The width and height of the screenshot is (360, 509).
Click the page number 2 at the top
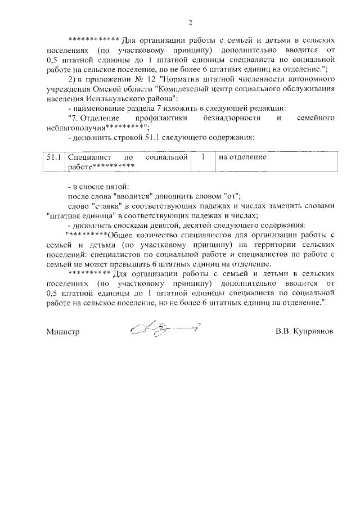click(x=190, y=22)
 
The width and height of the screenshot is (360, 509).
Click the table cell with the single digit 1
click(x=202, y=157)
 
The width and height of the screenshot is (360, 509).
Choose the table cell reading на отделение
click(x=243, y=157)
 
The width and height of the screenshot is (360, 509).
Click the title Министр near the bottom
click(x=62, y=332)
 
